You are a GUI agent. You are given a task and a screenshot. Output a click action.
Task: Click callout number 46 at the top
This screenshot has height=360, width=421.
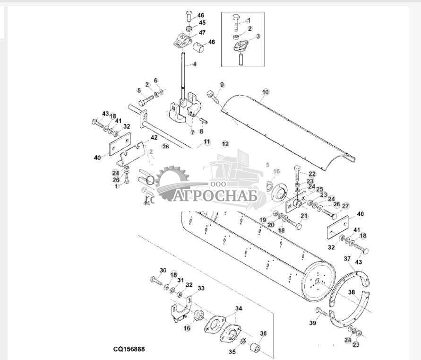[201, 15]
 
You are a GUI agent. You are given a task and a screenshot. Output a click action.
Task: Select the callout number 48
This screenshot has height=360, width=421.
[211, 42]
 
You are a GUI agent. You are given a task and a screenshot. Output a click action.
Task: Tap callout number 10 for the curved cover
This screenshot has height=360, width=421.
[265, 91]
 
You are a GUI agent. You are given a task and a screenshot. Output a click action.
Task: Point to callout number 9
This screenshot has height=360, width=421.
[222, 85]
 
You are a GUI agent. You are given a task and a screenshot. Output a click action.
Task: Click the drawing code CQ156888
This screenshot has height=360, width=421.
[129, 350]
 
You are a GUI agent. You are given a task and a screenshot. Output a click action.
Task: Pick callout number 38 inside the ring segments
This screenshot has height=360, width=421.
[351, 292]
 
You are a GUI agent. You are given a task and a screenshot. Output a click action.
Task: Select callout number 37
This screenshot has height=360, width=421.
[347, 259]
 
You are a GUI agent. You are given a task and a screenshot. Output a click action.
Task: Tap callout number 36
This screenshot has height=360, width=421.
[263, 334]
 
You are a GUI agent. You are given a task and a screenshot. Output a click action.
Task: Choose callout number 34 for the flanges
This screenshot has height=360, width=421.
[239, 308]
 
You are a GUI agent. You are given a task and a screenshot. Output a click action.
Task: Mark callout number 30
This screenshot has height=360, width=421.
[163, 270]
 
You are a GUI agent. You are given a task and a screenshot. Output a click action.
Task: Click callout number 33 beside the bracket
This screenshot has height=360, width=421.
[201, 288]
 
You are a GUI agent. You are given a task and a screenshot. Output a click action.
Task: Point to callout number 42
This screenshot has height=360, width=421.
[154, 138]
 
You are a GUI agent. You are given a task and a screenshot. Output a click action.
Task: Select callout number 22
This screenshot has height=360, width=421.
[312, 174]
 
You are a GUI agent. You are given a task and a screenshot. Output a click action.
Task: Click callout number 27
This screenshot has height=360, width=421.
[345, 206]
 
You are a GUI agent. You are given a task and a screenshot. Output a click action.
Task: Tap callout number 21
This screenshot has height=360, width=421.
[304, 216]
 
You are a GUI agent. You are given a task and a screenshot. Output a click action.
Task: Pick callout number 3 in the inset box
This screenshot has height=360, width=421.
[258, 36]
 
